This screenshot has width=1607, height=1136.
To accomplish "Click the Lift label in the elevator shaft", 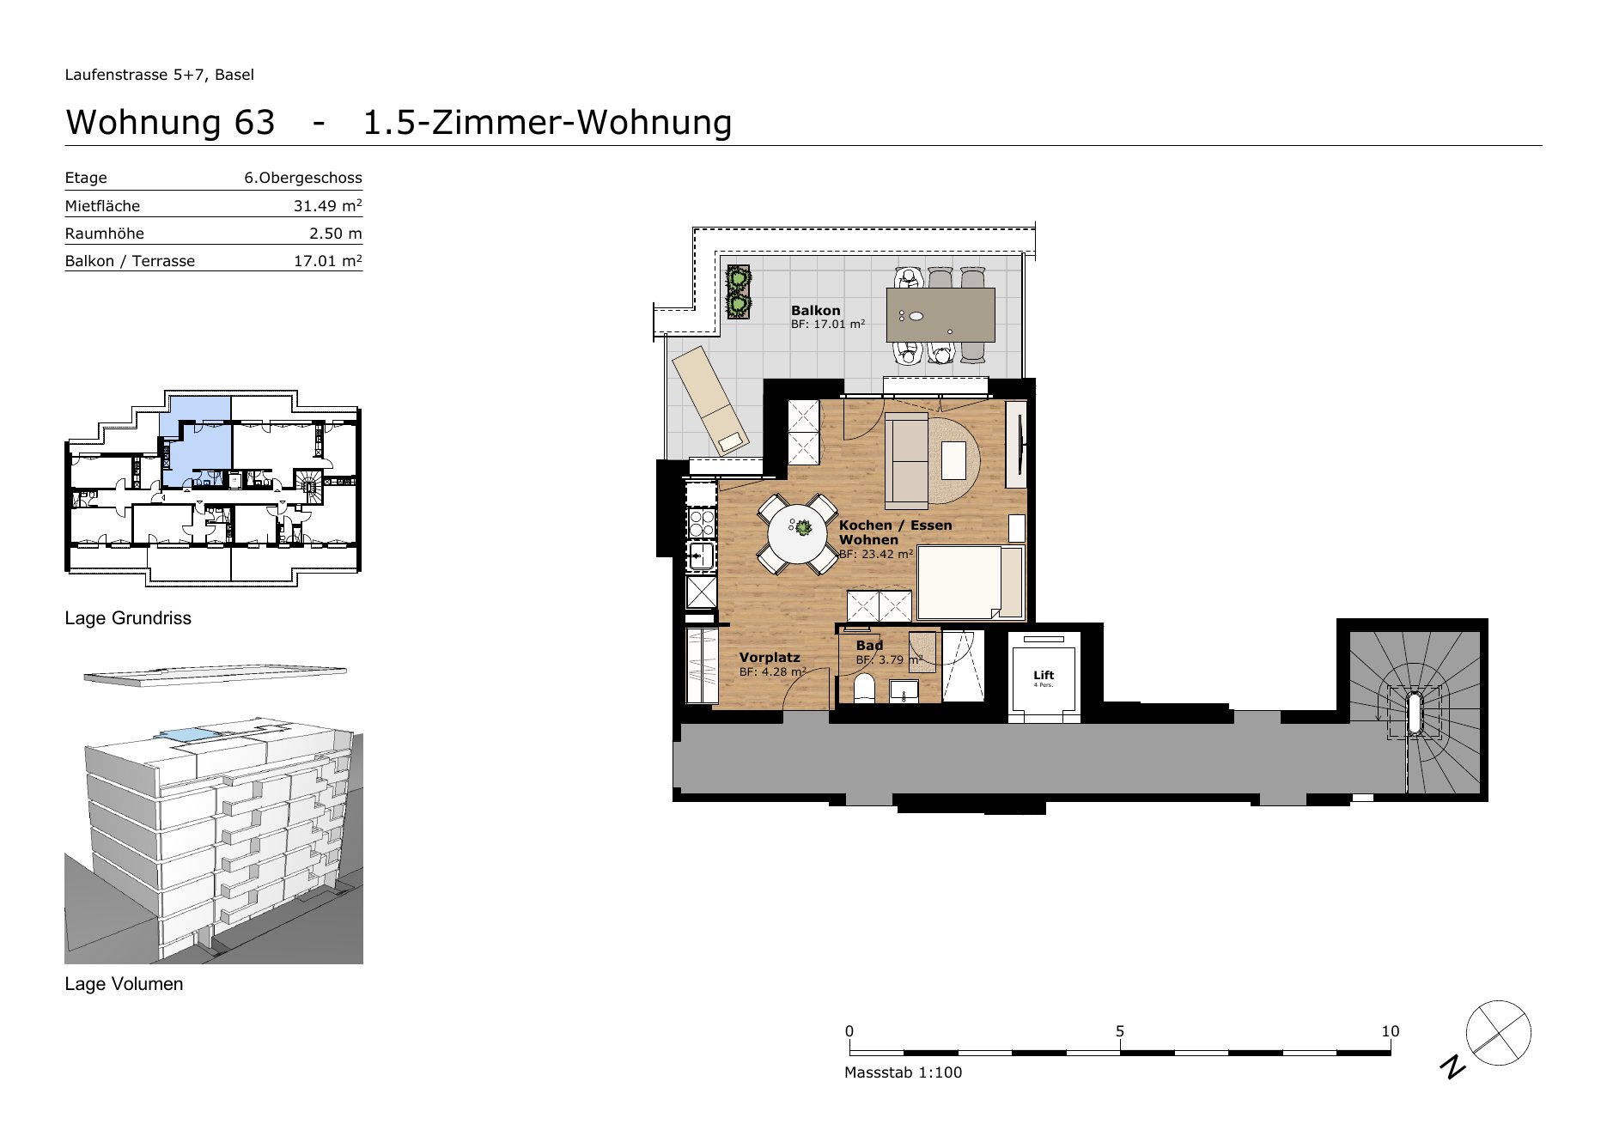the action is coord(1044,675).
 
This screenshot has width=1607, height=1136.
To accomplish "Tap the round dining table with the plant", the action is coord(798,533).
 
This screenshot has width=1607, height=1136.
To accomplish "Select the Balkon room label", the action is coord(816,311).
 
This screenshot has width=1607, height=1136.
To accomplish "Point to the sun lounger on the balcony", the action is coord(710,401).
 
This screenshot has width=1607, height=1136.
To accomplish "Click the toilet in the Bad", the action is coord(864,689).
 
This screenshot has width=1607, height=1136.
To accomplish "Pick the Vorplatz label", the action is coord(770,658).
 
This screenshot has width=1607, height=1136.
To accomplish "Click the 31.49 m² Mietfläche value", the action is coord(327,205).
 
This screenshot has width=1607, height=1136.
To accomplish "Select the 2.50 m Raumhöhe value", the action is coord(336,234).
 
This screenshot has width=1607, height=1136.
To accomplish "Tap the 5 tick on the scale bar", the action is coord(1120,1031).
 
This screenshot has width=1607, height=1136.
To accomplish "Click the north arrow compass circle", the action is coord(1499,1033).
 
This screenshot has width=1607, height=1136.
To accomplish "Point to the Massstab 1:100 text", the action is coord(903,1072).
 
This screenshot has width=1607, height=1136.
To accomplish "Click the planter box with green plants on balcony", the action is coord(738,292).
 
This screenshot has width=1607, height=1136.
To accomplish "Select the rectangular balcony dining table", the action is coord(940,315).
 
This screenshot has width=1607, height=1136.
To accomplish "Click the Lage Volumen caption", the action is coord(124,984).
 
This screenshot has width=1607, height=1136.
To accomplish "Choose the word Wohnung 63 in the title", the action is coord(170,122).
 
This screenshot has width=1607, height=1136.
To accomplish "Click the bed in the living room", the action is coord(971,582).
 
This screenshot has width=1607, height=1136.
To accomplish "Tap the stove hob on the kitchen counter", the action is coord(702,523).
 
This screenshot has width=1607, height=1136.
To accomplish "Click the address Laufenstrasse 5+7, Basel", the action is coord(159,75).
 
